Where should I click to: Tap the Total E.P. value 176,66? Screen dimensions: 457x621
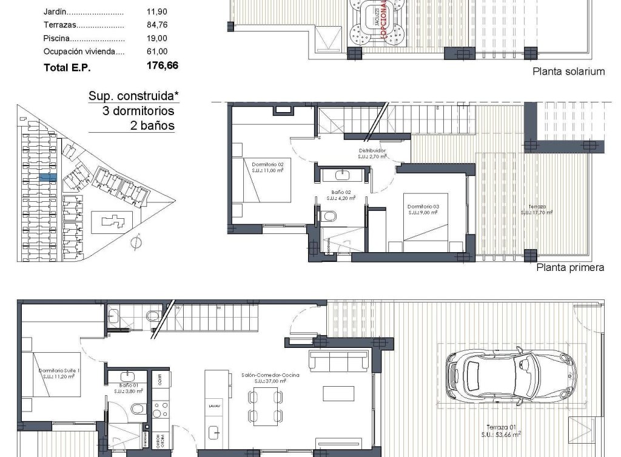[163, 67]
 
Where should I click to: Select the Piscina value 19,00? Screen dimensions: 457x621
[156, 38]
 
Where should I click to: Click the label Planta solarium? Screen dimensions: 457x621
[568, 72]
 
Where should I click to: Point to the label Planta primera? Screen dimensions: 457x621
[570, 267]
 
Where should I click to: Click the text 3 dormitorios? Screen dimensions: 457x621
[138, 111]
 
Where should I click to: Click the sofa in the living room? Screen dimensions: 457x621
[339, 361]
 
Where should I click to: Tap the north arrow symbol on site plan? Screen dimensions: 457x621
[136, 242]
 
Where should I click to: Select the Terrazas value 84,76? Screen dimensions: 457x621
[156, 25]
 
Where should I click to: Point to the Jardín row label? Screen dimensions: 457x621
[56, 12]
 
